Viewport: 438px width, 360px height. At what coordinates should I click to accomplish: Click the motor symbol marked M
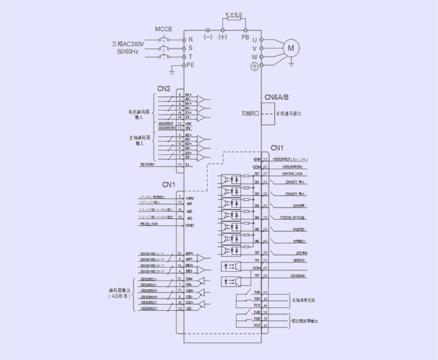(x=291, y=48)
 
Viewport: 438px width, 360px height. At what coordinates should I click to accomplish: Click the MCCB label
(x=164, y=30)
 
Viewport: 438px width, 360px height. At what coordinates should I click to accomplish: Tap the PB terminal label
(x=245, y=38)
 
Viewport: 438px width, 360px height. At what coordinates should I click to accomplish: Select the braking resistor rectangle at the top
(x=234, y=20)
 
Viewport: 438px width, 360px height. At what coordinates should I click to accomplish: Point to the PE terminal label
(x=190, y=65)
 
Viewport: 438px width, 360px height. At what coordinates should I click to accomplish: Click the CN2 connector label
(x=164, y=88)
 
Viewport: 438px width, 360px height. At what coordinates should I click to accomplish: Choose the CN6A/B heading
(x=276, y=98)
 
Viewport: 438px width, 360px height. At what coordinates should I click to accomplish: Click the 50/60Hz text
(x=127, y=52)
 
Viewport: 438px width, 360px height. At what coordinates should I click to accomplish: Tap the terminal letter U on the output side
(x=254, y=40)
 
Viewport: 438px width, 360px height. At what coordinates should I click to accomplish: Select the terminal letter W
(x=254, y=57)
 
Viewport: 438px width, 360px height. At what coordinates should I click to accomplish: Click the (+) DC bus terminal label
(x=223, y=38)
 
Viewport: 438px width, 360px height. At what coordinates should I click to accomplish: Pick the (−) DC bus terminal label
(x=208, y=38)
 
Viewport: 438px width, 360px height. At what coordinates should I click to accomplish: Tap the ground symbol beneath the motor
(x=291, y=64)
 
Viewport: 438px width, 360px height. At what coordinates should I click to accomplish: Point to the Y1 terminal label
(x=257, y=260)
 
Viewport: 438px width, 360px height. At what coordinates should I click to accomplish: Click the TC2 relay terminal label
(x=257, y=326)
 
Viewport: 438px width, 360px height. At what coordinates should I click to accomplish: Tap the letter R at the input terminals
(x=190, y=40)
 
